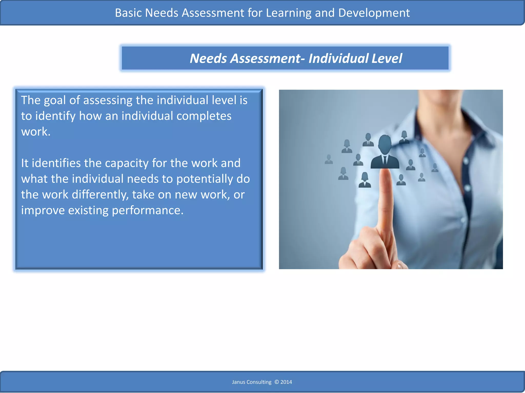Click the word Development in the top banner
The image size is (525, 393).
(374, 13)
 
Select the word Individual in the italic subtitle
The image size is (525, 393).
(338, 58)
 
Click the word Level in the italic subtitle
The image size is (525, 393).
(387, 58)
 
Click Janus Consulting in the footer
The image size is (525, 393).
(251, 382)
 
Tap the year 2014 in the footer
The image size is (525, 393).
(286, 382)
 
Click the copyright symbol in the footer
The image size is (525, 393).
(277, 382)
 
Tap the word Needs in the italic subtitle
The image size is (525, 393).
(208, 58)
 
